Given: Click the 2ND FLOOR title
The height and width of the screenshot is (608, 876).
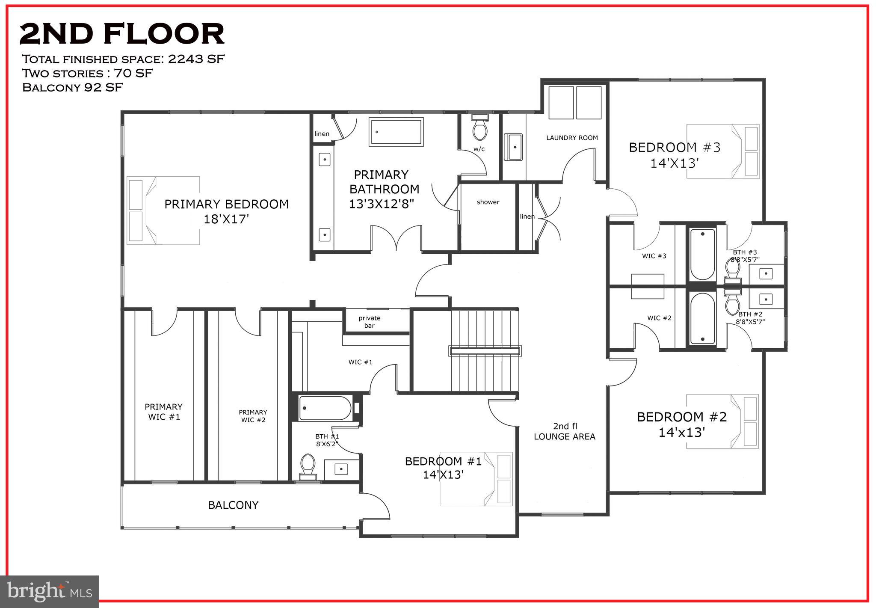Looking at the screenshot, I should [122, 34].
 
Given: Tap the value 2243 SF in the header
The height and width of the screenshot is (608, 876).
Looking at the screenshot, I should [196, 59].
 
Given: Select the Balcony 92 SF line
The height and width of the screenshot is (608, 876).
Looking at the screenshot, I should [73, 88].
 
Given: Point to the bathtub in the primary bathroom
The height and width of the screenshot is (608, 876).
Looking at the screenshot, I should [397, 132].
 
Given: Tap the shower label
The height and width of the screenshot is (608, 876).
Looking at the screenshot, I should [488, 202].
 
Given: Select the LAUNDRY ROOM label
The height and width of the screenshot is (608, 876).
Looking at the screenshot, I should [572, 138].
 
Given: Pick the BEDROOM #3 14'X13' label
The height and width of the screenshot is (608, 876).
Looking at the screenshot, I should [675, 155].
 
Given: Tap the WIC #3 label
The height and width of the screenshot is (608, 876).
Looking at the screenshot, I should [654, 256].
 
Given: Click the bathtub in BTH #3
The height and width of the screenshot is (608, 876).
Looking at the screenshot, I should [702, 254].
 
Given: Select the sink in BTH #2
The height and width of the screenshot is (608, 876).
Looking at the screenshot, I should [766, 298].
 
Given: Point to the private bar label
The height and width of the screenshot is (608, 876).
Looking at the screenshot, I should [370, 322].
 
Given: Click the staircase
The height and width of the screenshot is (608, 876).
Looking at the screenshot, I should [484, 351].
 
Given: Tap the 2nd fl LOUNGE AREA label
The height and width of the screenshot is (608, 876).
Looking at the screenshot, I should [565, 431].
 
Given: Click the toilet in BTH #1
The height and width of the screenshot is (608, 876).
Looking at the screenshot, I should [308, 467].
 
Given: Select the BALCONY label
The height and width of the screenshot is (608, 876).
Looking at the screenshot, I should [233, 505].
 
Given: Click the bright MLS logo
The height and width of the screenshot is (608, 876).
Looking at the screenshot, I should [50, 591].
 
